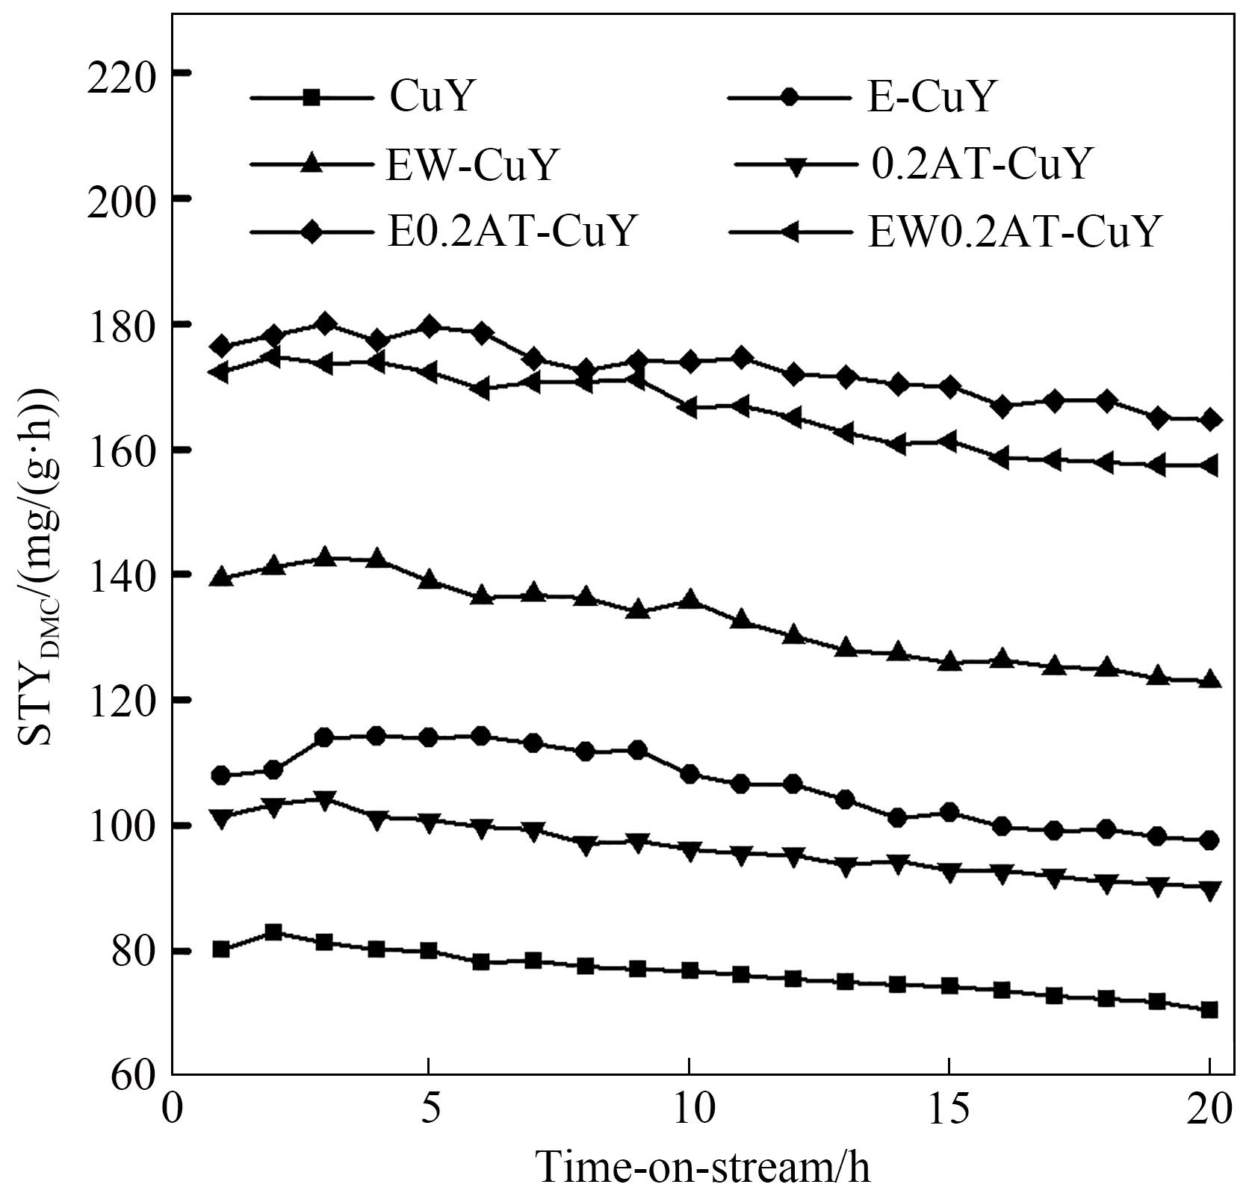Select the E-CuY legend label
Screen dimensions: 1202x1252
pos(930,97)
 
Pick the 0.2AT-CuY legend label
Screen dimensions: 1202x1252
pos(981,164)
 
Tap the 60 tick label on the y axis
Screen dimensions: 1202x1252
pos(134,1076)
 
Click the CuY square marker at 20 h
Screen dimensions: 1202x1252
pos(1209,1010)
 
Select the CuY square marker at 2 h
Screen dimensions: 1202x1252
pos(273,932)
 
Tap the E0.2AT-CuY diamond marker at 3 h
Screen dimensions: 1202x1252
pos(325,324)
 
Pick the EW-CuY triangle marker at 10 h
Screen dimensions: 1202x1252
pos(690,599)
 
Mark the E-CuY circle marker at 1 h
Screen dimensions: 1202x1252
pos(221,775)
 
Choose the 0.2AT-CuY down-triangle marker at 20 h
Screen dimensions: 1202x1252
pos(1209,889)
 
